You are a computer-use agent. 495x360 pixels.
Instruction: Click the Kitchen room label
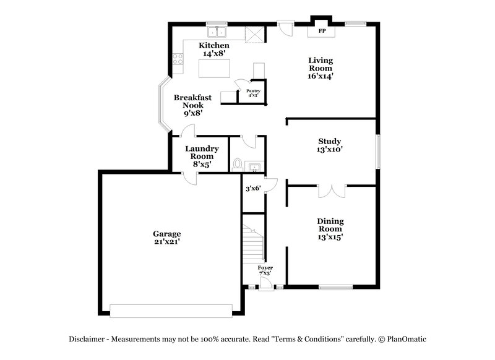click(214, 46)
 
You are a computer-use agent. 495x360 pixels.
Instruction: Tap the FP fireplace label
click(322, 30)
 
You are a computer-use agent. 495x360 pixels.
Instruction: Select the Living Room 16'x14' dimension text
click(322, 77)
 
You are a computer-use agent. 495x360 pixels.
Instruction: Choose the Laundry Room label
click(202, 148)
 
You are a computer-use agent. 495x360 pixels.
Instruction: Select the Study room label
click(330, 141)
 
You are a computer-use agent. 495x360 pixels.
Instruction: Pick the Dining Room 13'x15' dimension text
click(330, 236)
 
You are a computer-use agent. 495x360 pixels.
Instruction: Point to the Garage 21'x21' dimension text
click(167, 242)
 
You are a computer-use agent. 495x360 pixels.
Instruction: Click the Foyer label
click(265, 268)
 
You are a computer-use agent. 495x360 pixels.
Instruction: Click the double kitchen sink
click(217, 31)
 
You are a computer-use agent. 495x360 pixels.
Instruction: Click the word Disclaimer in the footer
click(88, 339)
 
